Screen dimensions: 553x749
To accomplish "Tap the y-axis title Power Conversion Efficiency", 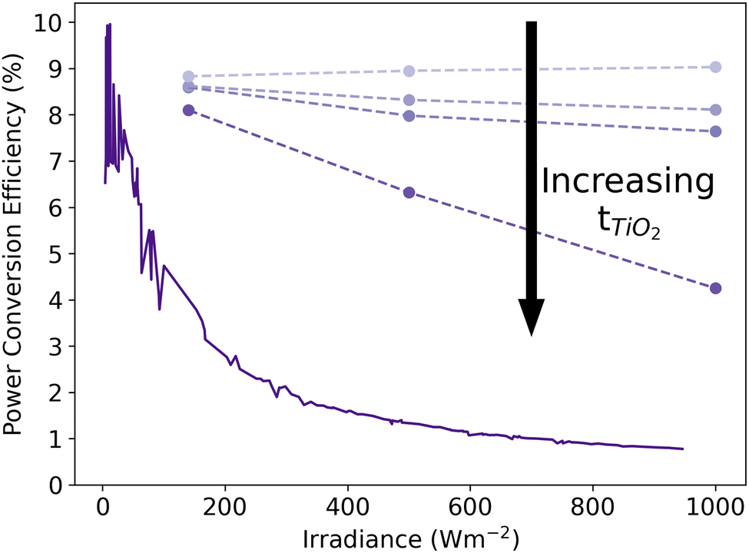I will pyautogui.click(x=15, y=253).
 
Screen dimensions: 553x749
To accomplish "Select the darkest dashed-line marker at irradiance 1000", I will pyautogui.click(x=716, y=288).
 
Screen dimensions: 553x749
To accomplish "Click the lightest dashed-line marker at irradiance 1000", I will pyautogui.click(x=716, y=67).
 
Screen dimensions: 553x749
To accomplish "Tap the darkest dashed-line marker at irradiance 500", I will pyautogui.click(x=409, y=192).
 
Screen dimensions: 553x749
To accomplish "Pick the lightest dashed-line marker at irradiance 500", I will pyautogui.click(x=409, y=71).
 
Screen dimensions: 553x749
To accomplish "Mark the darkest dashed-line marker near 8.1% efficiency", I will pyautogui.click(x=188, y=110).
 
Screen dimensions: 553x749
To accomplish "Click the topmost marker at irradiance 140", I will pyautogui.click(x=188, y=76).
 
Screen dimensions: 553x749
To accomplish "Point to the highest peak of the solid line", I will pyautogui.click(x=110, y=25).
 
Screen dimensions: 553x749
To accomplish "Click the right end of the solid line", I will pyautogui.click(x=683, y=449).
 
